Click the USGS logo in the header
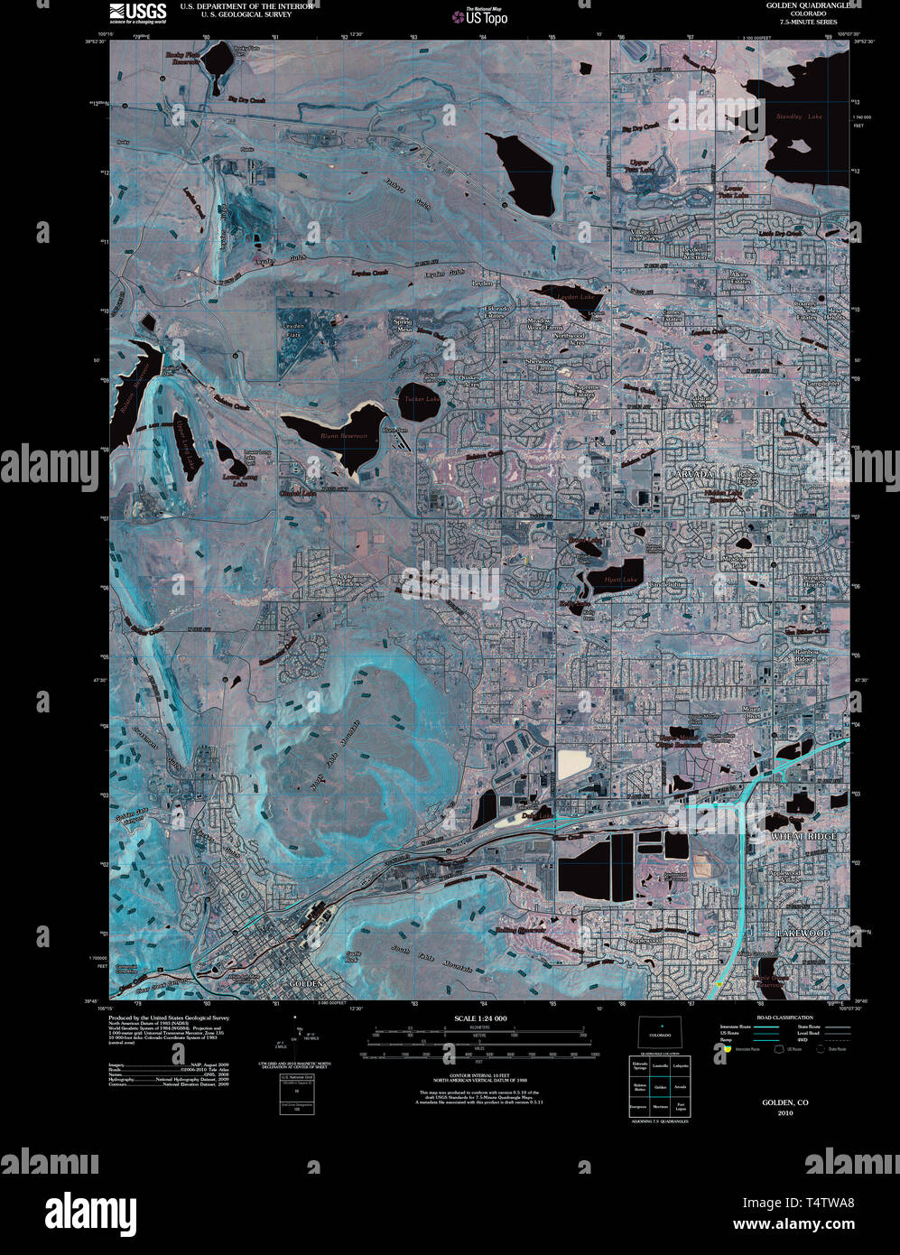click(x=137, y=12)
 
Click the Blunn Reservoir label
click(x=340, y=435)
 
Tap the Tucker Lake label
click(x=422, y=398)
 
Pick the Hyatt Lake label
click(x=620, y=579)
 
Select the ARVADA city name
click(x=693, y=473)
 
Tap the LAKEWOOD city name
click(x=803, y=933)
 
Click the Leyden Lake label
click(x=576, y=296)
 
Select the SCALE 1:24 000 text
click(x=481, y=1018)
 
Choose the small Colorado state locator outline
click(x=660, y=1032)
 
